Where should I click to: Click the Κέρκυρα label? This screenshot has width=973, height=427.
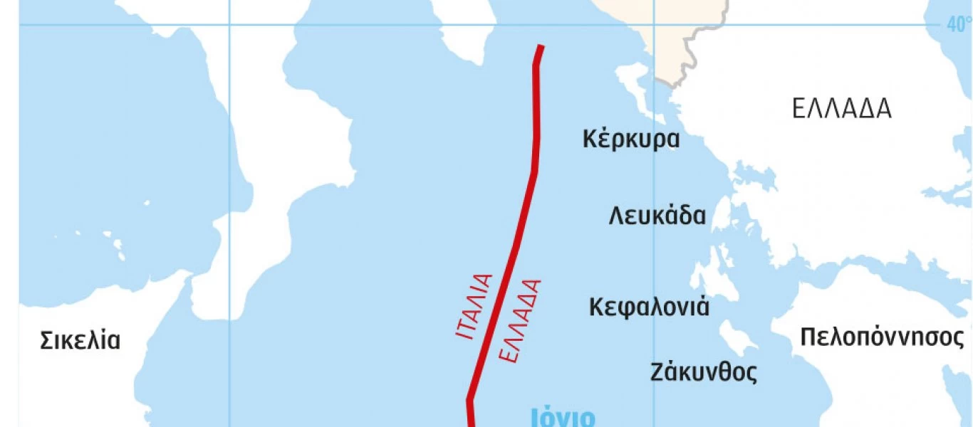pyautogui.click(x=631, y=139)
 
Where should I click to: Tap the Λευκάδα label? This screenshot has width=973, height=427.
pyautogui.click(x=657, y=215)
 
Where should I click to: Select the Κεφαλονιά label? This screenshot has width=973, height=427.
pyautogui.click(x=649, y=307)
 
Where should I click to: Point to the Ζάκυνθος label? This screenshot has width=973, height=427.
pyautogui.click(x=704, y=371)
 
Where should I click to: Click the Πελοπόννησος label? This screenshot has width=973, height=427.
pyautogui.click(x=881, y=337)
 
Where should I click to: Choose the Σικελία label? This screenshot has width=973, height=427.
pyautogui.click(x=80, y=340)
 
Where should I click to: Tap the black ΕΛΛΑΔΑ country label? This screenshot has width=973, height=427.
pyautogui.click(x=841, y=109)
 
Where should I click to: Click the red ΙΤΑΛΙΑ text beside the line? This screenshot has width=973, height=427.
pyautogui.click(x=474, y=305)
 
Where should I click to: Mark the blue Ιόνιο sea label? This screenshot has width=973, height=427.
pyautogui.click(x=563, y=416)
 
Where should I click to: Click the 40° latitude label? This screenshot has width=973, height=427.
pyautogui.click(x=959, y=24)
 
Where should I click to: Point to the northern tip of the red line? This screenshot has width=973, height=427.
pyautogui.click(x=541, y=47)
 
